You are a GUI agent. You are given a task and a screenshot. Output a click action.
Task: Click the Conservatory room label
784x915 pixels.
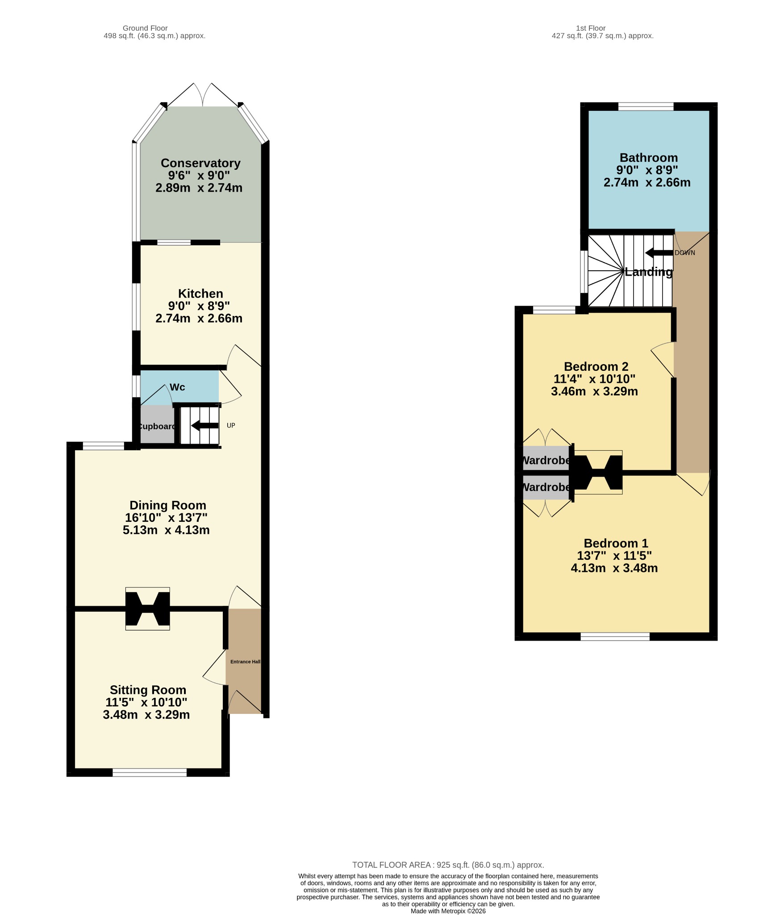point(200,163)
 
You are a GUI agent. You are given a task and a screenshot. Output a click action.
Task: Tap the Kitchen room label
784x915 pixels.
point(200,294)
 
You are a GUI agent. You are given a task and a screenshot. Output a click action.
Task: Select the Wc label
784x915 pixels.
point(177,387)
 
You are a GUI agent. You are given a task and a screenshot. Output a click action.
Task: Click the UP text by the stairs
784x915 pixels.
point(231,425)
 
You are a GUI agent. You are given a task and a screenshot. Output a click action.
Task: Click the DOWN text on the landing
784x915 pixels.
point(685,253)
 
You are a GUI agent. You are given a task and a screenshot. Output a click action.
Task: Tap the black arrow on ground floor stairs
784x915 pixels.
point(205,426)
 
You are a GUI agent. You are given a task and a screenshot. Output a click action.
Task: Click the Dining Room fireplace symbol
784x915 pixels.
point(148,609)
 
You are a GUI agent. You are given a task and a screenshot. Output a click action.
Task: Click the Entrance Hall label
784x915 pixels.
point(245,662)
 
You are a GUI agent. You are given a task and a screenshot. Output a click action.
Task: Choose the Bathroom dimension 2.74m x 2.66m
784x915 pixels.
point(647,183)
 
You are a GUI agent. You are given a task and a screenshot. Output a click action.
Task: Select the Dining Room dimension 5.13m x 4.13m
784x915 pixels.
point(166,530)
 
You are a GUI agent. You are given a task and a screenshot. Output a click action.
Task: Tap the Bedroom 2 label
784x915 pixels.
point(596,367)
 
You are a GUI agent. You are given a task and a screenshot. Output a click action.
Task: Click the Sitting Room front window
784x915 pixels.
point(150,772)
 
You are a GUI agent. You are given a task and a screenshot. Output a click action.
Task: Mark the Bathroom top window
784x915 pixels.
point(646,106)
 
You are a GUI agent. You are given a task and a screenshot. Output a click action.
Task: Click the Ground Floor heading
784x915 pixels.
point(145,28)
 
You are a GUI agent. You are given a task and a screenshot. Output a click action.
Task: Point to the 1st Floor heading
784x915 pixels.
point(591,28)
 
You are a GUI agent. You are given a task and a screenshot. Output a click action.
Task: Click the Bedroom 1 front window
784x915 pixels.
point(615,637)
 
